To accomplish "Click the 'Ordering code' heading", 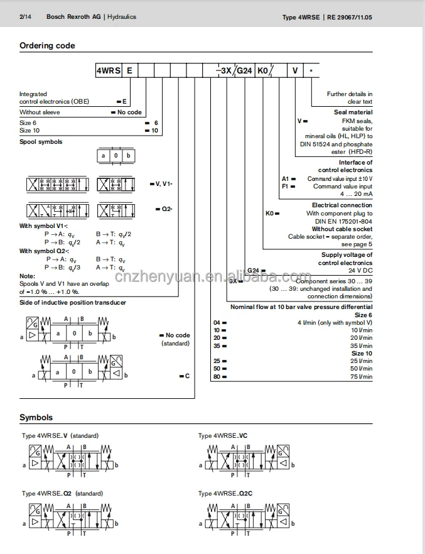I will tap(47, 46).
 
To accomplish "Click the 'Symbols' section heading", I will tap(36, 418).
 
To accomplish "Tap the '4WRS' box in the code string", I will tap(106, 71).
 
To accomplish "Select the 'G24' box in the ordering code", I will tap(244, 71).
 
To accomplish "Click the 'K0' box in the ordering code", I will tap(264, 71).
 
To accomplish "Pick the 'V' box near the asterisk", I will tap(295, 71).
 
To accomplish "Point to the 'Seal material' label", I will tap(353, 112).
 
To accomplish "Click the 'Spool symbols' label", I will tap(41, 142).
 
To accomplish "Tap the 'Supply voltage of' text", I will tap(347, 255).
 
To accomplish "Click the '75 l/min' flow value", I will tap(361, 376).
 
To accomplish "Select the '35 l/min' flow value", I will tap(361, 345).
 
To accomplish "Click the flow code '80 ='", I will tap(219, 376).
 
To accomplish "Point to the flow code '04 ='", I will tap(219, 323).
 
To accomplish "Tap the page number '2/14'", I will tap(26, 17).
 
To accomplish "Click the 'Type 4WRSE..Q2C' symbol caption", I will tap(225, 494).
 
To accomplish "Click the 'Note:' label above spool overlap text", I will tap(27, 276).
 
